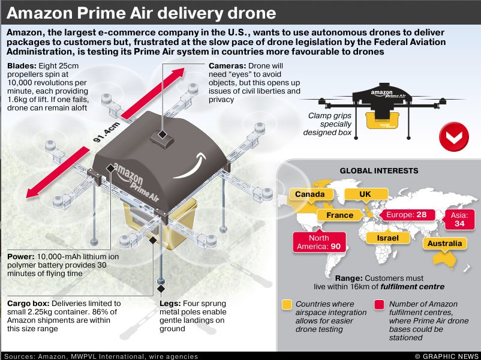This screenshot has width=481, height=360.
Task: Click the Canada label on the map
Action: point(310,194)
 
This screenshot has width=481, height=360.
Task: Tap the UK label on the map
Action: point(365,194)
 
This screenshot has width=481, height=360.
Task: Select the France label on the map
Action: point(339,215)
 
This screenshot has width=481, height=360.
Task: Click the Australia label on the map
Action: point(445,243)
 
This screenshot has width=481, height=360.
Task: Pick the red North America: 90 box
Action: point(318,242)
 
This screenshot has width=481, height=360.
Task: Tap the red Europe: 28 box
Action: point(406,215)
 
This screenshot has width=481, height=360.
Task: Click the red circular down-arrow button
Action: point(454,137)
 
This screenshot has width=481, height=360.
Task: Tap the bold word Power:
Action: point(22,257)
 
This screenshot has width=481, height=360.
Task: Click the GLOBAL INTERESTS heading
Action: point(378,170)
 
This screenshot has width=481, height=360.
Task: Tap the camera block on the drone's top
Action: point(161,137)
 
